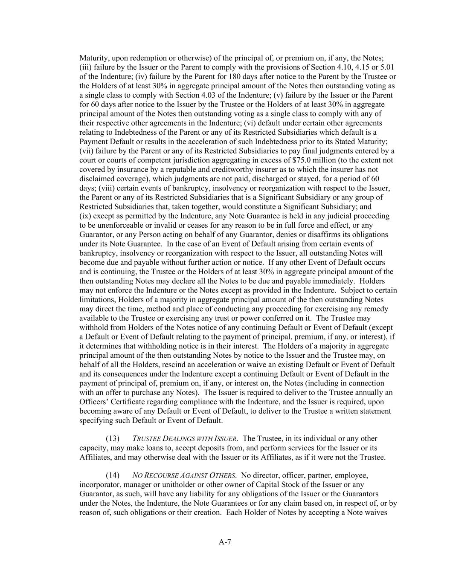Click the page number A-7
(225, 542)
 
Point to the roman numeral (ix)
(85, 216)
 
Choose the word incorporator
(99, 485)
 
